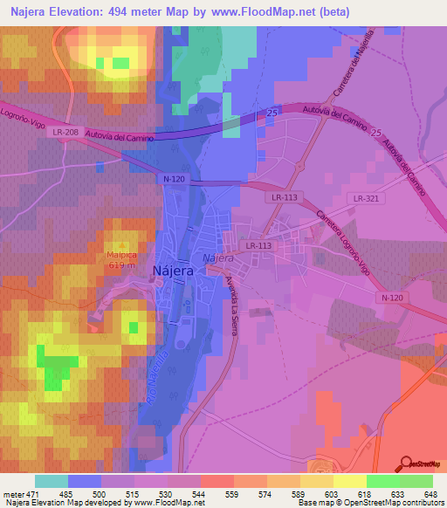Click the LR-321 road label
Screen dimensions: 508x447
(x=364, y=199)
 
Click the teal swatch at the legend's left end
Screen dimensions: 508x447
(x=52, y=481)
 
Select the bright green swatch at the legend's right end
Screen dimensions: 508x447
(x=416, y=481)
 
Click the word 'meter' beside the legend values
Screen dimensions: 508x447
(x=12, y=493)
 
